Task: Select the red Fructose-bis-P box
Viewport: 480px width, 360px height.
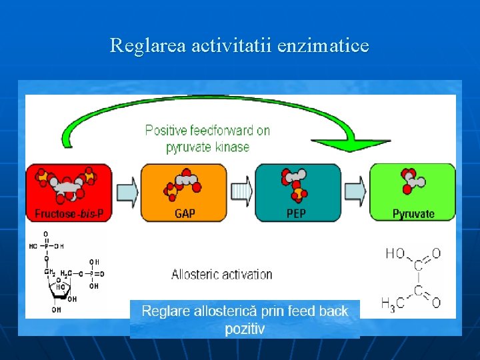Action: coord(69,193)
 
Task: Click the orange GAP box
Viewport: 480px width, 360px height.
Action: coord(183,193)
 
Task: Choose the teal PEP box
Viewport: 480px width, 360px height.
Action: coord(297,193)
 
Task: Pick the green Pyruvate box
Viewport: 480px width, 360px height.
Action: coord(413,193)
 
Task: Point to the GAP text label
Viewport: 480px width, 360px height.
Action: coord(185,215)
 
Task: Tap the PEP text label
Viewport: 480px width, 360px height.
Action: coord(296,215)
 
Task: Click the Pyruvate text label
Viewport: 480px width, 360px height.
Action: coord(413,215)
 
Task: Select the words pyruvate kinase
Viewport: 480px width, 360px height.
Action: coord(207,147)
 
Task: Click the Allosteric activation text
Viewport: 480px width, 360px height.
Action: coord(222,274)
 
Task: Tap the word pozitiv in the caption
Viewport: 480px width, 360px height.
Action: coord(245,329)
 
